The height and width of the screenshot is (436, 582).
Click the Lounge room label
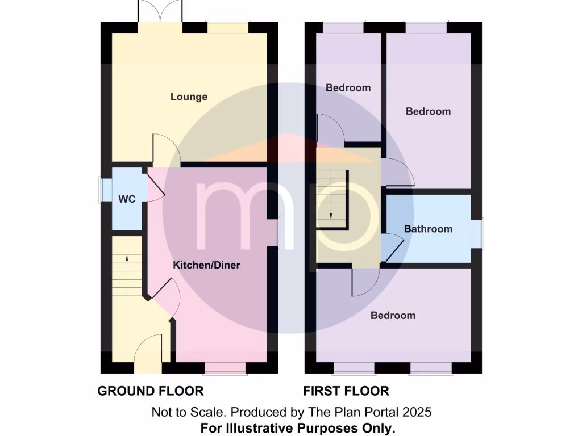coord(189,97)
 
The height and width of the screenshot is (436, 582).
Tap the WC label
coord(126,199)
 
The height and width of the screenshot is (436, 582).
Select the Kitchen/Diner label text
coord(206,265)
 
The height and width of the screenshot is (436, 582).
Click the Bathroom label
coord(428,229)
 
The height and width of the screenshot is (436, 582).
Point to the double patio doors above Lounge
coord(160,11)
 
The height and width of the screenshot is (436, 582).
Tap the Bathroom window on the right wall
coord(476,233)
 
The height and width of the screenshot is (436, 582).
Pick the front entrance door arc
coord(149,347)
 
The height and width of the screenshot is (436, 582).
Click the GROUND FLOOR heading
coord(150,391)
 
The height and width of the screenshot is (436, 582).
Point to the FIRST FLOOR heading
coord(346,391)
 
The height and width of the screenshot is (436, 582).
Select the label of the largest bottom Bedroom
coord(393,315)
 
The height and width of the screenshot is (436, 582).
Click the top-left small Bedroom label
coord(348,87)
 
